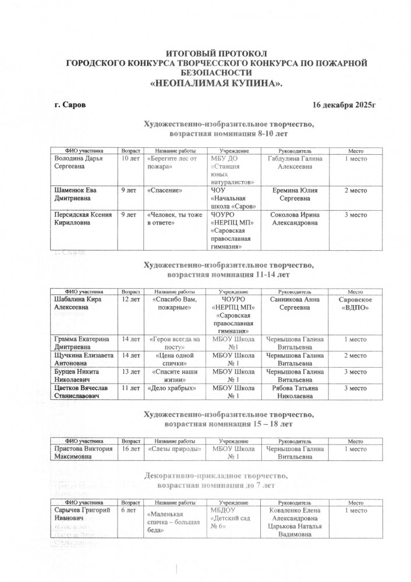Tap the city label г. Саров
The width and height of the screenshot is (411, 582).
click(x=69, y=105)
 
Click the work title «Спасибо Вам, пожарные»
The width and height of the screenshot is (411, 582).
click(x=173, y=303)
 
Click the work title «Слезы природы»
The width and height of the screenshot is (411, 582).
click(x=173, y=449)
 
